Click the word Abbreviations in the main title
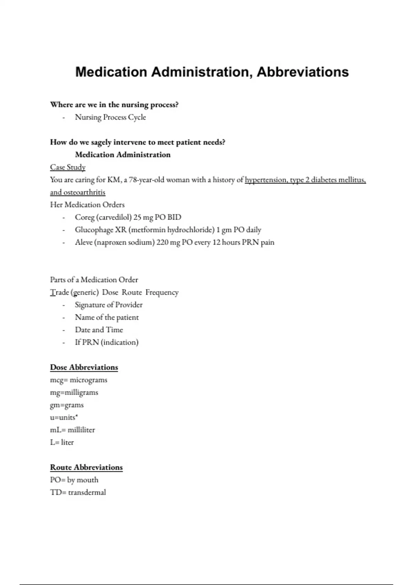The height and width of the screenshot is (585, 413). (303, 72)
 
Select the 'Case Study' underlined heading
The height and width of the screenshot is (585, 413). (68, 167)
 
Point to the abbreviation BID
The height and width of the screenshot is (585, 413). (174, 217)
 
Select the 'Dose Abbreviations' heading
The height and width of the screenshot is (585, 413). (84, 367)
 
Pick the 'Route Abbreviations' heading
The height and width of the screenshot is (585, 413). (86, 467)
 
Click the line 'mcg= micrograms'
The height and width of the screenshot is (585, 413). (78, 380)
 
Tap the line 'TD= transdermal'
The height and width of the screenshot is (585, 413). (78, 492)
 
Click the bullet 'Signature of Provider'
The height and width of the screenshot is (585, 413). (109, 305)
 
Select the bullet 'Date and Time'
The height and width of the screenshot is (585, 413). (99, 330)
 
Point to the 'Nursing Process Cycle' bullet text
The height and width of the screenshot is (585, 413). (110, 117)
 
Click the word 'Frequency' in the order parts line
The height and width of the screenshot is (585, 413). (162, 292)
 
